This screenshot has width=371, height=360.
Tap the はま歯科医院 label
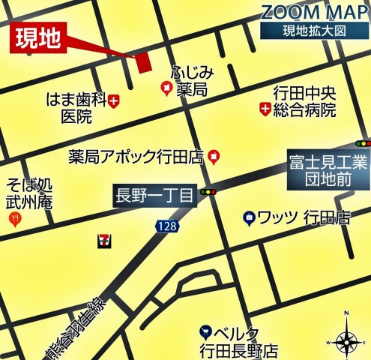tap(75, 107)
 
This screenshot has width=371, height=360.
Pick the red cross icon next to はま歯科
tap(114, 99)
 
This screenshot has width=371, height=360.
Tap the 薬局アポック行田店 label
tap(136, 157)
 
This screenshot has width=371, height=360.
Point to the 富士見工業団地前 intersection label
tap(328, 171)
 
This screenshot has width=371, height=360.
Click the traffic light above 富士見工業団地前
tap(363, 142)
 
